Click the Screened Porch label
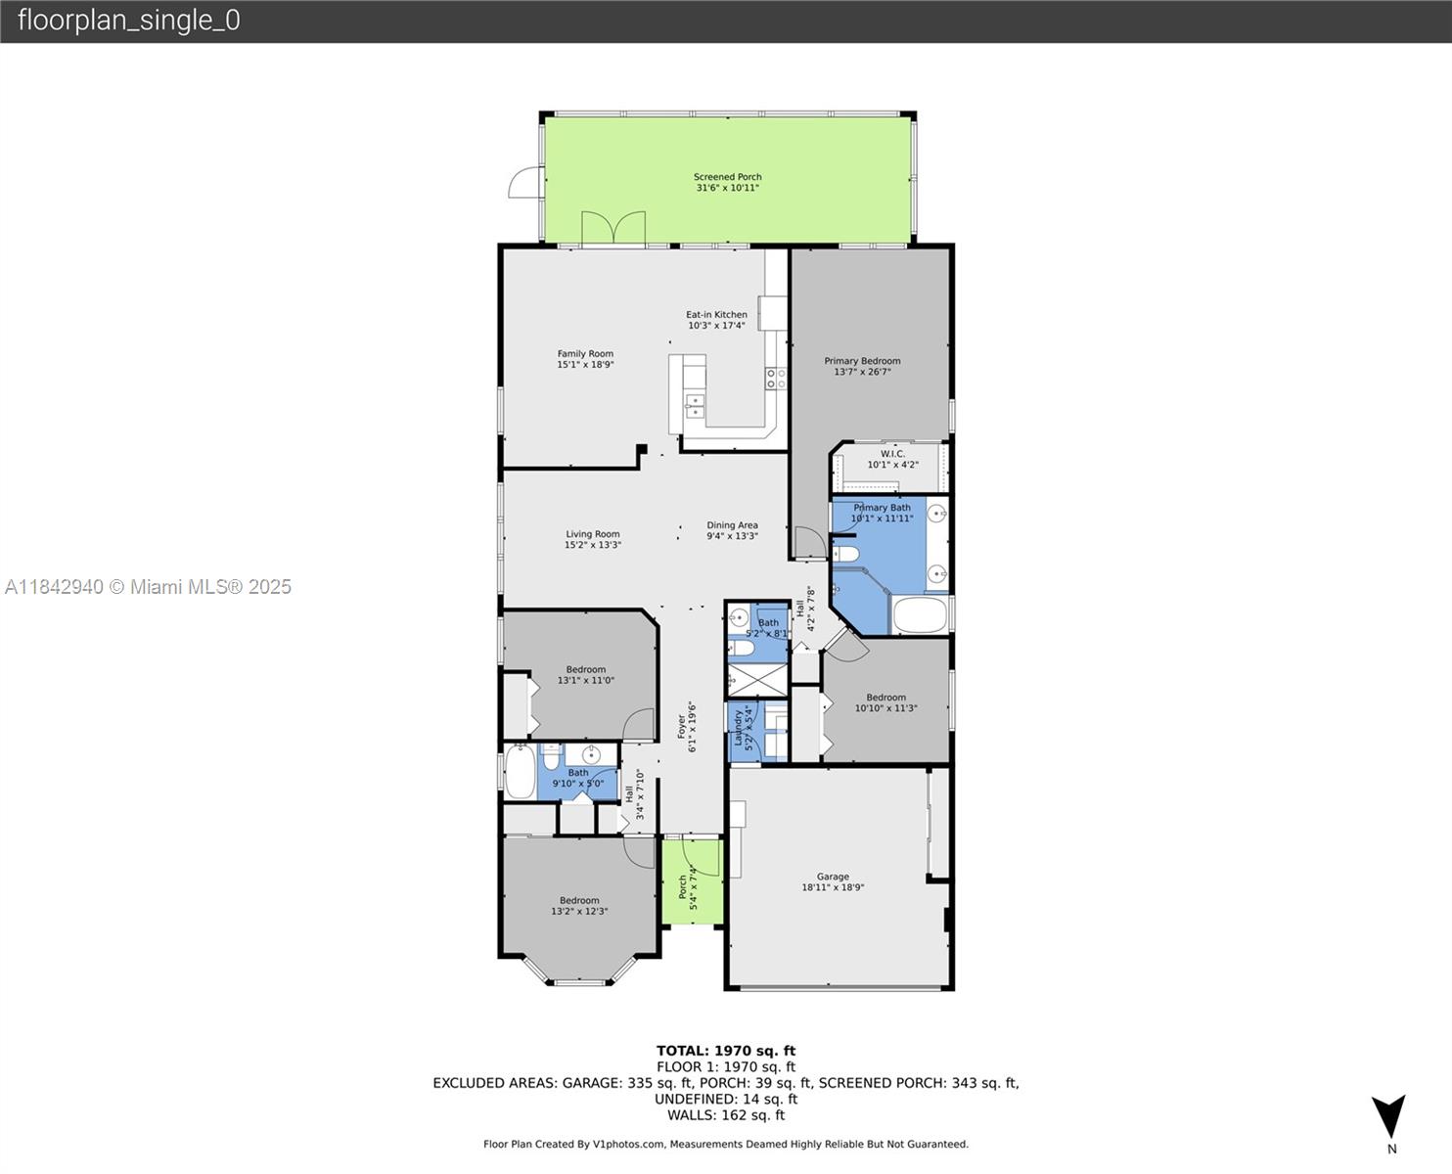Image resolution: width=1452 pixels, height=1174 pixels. point(727,182)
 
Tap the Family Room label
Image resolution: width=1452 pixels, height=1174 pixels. point(585,359)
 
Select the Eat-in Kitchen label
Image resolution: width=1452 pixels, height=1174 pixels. point(716,320)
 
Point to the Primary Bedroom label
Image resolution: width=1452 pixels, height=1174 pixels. point(862,367)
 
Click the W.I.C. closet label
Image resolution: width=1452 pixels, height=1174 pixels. point(892,459)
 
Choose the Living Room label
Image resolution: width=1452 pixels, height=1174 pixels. point(592,540)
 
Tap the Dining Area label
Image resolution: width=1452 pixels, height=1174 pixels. point(732,531)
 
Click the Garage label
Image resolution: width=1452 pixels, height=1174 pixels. point(833,881)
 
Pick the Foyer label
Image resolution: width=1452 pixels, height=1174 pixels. point(687,727)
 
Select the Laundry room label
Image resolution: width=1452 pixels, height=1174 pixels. point(743,728)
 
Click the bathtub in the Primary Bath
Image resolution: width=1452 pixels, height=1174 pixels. point(921,614)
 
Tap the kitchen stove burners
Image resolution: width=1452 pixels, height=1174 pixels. point(776,379)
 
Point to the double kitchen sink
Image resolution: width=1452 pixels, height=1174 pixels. point(695,405)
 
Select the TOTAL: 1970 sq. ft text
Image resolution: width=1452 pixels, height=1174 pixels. point(726,1051)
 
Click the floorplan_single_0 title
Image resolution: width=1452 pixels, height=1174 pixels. point(129,21)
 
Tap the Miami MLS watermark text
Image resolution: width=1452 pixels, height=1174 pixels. point(148,587)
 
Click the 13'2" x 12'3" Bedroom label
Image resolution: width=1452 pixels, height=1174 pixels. point(579,906)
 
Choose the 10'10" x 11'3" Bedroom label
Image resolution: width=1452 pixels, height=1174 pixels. point(886,702)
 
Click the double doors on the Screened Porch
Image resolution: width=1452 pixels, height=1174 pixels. point(613,228)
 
